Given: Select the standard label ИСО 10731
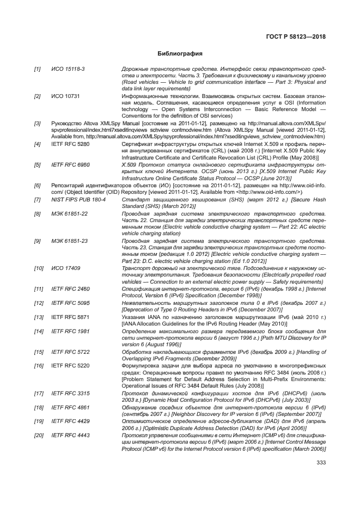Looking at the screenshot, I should point(64,96).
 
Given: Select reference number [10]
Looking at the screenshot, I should point(39,268).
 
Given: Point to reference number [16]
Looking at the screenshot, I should point(39,365).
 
